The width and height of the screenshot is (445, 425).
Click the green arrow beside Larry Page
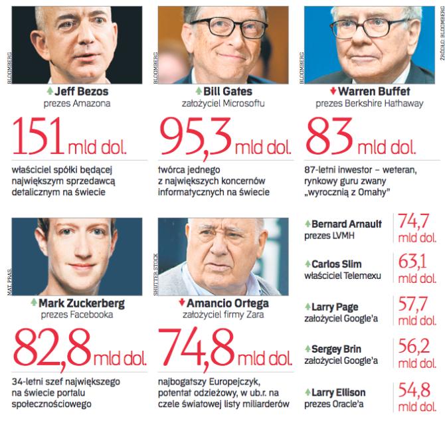(307, 307)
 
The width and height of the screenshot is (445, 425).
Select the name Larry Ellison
(342, 392)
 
